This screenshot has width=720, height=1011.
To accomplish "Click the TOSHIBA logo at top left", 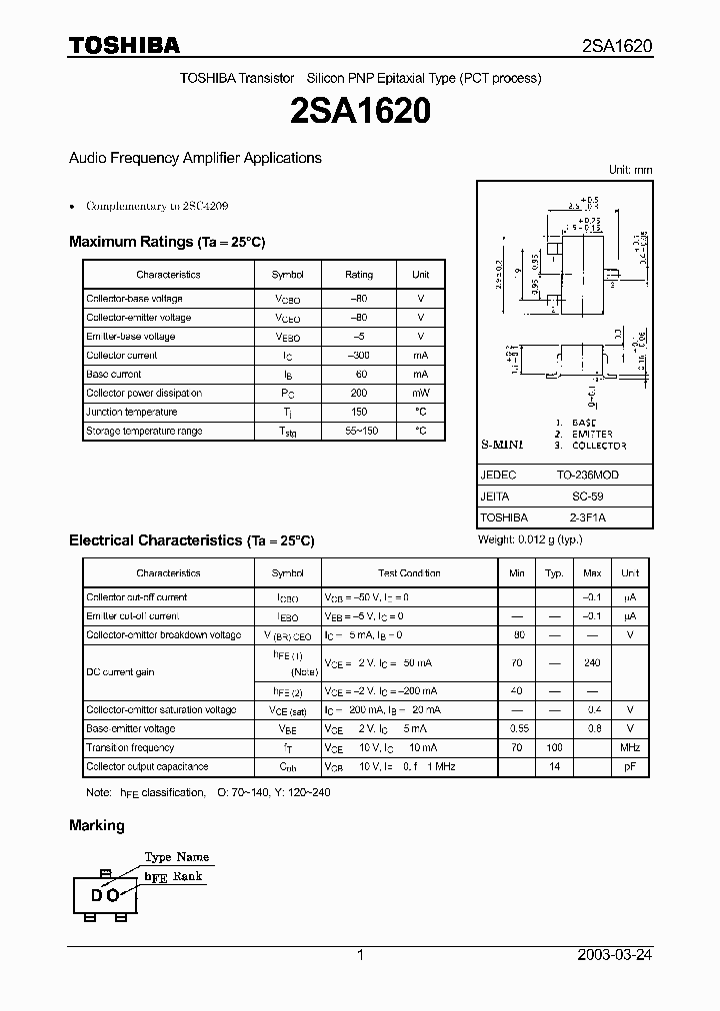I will pos(124,45).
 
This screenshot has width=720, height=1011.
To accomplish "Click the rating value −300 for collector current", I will pos(359,356).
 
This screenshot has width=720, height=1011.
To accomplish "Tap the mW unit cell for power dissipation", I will pos(420,394).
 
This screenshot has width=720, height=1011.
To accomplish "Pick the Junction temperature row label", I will pos(132,413).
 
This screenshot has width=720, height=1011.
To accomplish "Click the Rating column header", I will pos(359,275).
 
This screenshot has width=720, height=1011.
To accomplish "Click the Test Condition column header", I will pos(409,573).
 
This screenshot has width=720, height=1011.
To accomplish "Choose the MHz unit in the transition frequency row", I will pos(630,748).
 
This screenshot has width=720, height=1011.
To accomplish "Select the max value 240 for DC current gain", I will pos(592,662).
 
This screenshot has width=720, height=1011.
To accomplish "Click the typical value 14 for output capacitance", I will pos(554,767).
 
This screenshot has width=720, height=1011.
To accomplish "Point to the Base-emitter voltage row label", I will pos(131,729).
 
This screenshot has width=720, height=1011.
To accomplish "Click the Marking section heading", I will pos(97,825).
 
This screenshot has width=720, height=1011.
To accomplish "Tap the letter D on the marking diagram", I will pos(97,895).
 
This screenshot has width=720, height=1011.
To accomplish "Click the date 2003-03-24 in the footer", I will pos(615,955).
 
